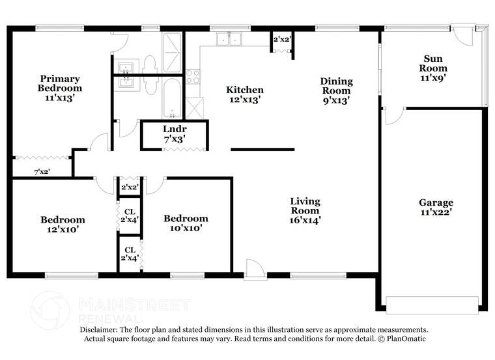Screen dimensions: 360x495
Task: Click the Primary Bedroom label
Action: point(59,83)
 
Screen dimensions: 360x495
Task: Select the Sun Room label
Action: point(432,63)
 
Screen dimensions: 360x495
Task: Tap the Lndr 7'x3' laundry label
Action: point(174,133)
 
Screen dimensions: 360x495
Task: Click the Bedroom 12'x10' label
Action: point(62,224)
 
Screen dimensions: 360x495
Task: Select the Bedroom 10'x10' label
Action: point(186,223)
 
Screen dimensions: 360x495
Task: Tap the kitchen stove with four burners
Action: point(193,77)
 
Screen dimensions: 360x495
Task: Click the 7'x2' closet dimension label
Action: point(42,172)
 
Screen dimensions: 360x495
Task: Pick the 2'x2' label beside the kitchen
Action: point(281,40)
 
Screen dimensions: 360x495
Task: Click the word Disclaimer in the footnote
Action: point(100,330)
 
